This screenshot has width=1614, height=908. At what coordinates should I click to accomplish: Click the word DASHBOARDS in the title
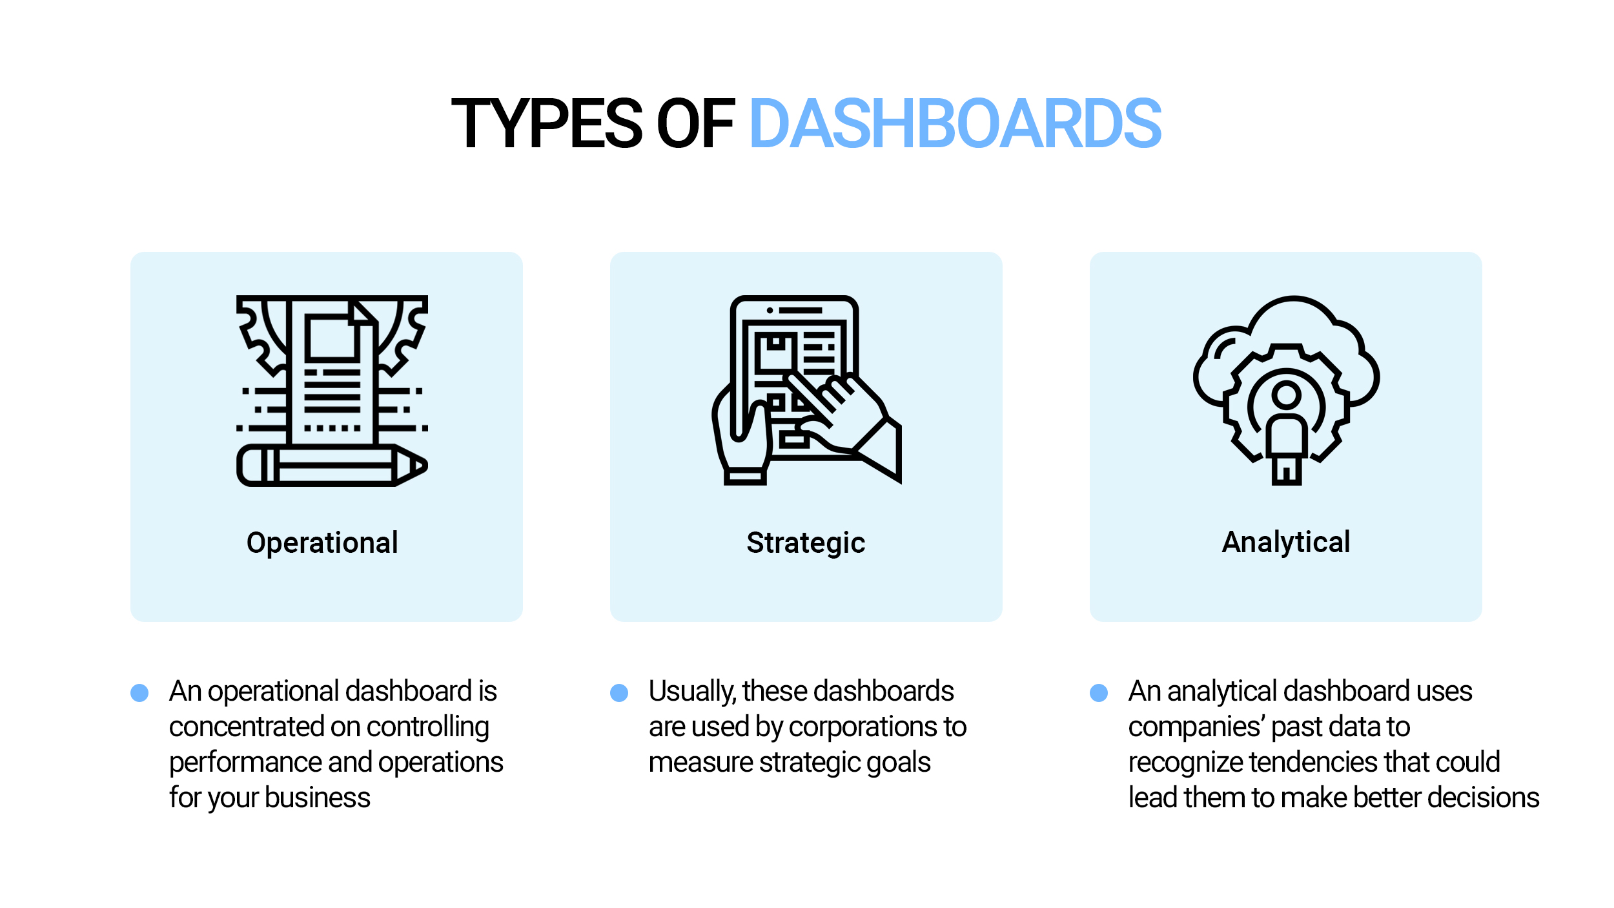tap(955, 123)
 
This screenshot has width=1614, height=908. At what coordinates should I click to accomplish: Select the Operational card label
tap(322, 543)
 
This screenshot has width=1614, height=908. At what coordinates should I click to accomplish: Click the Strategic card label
tap(806, 543)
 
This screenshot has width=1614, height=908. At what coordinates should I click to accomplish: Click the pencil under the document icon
tap(332, 465)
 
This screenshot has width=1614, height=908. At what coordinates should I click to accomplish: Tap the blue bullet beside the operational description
tap(139, 693)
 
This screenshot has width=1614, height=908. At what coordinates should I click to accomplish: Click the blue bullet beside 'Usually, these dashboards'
tap(619, 693)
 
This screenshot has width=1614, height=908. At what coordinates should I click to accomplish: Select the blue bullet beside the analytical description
tap(1099, 693)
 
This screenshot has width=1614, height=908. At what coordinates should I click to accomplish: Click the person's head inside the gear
tap(1287, 394)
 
